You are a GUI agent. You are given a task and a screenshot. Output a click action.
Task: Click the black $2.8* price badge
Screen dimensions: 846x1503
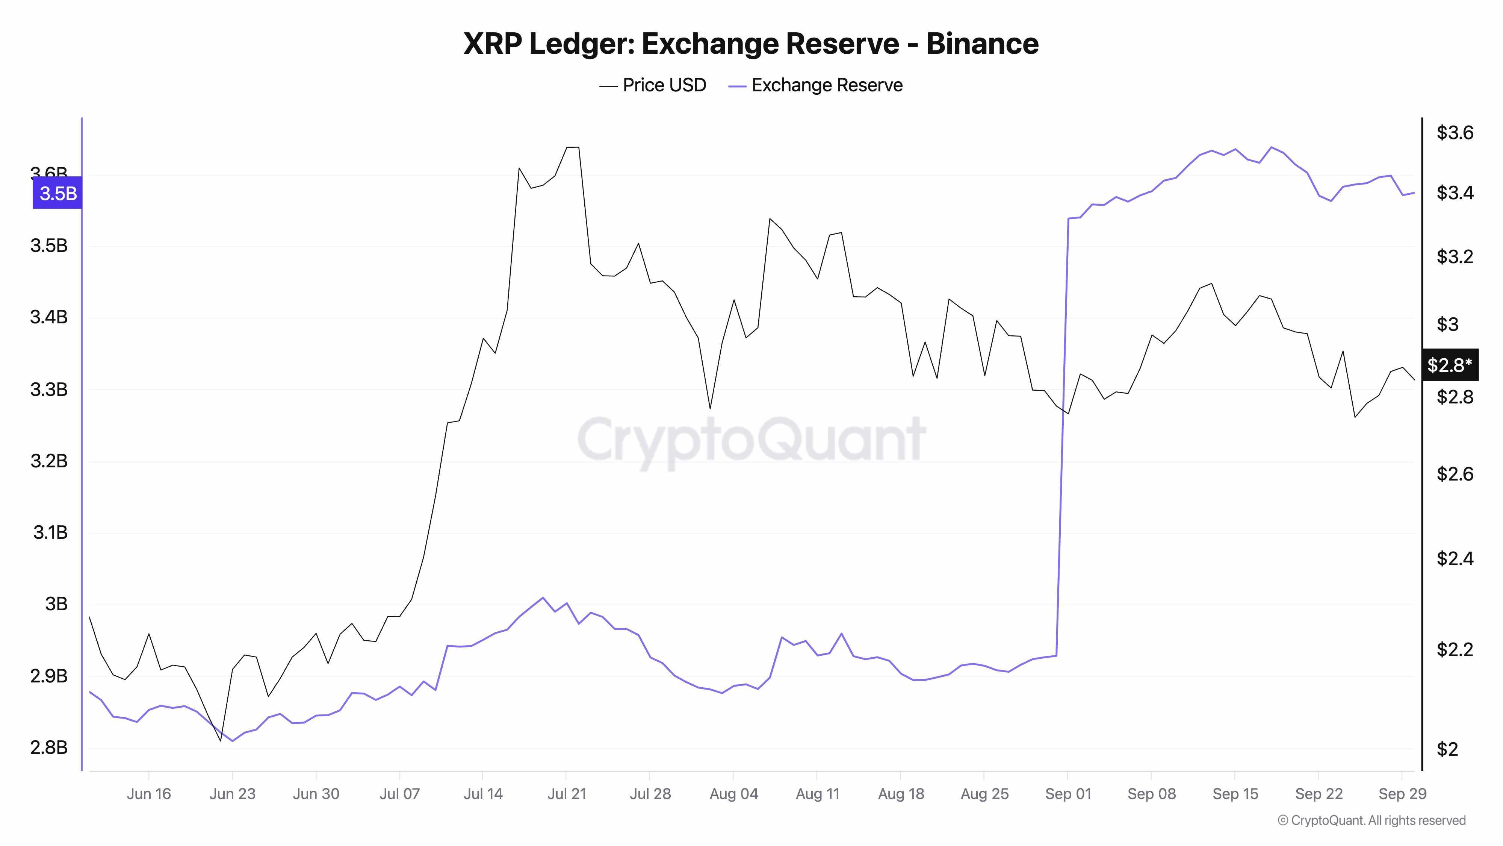[x=1449, y=365]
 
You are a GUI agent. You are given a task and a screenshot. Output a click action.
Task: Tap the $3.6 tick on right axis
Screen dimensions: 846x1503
[x=1455, y=133]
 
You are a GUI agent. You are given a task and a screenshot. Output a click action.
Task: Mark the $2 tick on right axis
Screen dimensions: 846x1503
[x=1447, y=749]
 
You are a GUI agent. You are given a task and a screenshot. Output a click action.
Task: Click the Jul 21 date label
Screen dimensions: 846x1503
[x=567, y=794]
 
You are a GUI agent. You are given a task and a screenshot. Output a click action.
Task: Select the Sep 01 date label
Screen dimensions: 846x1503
[x=1068, y=794]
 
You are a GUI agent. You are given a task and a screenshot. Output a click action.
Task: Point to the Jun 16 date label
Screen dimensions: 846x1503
[x=149, y=794]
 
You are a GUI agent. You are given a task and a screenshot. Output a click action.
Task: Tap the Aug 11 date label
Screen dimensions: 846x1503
[x=817, y=794]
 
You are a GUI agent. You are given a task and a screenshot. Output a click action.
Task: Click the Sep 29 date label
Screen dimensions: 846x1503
[x=1402, y=794]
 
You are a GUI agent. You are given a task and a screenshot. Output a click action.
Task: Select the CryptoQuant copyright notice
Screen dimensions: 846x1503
[x=1371, y=821]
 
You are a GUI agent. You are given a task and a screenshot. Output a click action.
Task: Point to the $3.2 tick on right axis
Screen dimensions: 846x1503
[x=1455, y=257]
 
